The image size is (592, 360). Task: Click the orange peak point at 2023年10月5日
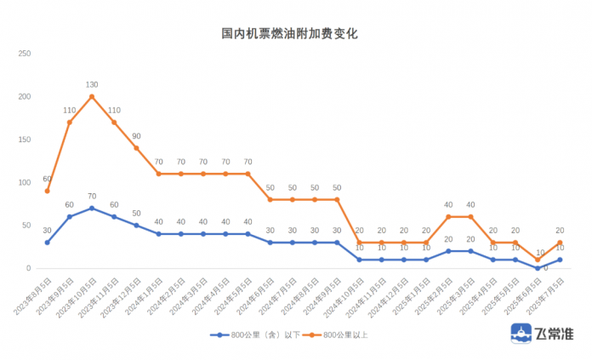coord(92,96)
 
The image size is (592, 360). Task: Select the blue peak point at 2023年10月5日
coord(92,208)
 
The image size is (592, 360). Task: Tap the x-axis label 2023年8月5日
coord(35,294)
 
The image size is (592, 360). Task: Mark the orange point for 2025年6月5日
coord(538,260)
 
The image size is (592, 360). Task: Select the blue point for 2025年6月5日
coord(538,268)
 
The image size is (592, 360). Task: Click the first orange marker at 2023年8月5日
coord(48,191)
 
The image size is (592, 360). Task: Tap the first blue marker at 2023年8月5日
coord(48,243)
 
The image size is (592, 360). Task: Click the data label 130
coord(92,84)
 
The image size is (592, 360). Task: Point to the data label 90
coord(136,136)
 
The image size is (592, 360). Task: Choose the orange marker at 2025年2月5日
coord(448,216)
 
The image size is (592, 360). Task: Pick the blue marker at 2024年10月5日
coord(359,260)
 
